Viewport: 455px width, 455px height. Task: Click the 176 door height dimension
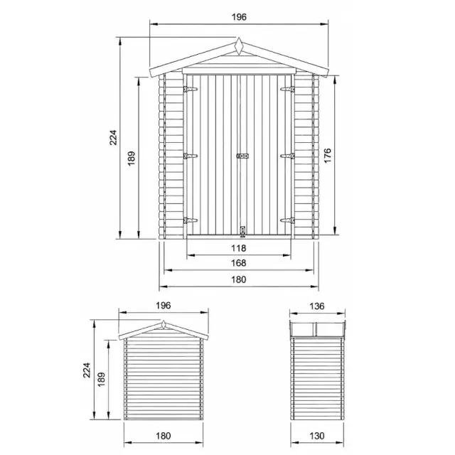[x=327, y=156]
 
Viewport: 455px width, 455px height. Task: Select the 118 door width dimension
[x=239, y=248]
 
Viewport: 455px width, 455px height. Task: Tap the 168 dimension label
[x=239, y=263]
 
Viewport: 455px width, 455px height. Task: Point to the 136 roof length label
[x=317, y=306]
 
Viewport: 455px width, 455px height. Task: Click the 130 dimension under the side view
[x=317, y=436]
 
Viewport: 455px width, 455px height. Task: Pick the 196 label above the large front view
[x=239, y=17]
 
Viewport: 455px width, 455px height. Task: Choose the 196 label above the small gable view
[x=164, y=306]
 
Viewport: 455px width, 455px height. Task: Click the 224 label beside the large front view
[x=113, y=137]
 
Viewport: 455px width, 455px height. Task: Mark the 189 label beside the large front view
[x=132, y=159]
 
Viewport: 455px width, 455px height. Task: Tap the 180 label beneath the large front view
[x=239, y=279]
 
